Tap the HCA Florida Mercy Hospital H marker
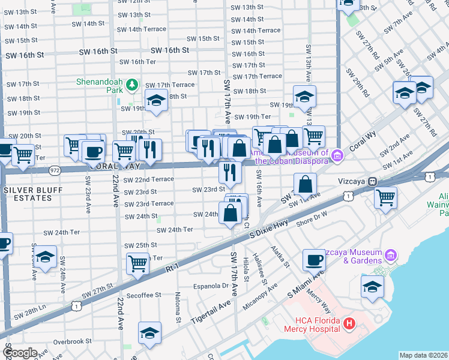350,325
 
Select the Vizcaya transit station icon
372,181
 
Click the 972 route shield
55,170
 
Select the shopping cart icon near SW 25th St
138,263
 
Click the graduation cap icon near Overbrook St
149,332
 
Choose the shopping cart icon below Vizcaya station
385,197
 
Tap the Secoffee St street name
143,295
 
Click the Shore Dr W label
312,218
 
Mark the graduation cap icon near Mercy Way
372,286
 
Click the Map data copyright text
423,355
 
